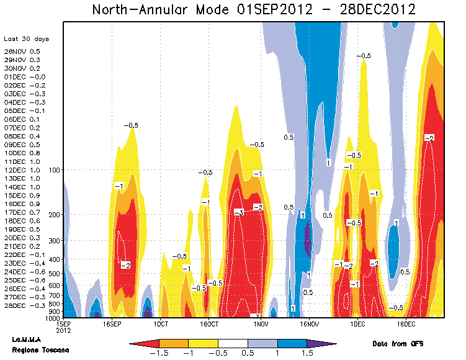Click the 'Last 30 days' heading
[26, 39]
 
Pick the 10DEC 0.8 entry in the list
[22, 153]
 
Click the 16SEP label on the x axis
[112, 324]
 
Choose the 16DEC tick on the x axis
[406, 324]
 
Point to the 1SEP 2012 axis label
[63, 327]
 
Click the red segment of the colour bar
[146, 343]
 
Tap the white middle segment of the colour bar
[233, 343]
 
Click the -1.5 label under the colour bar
[159, 353]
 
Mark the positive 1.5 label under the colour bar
[307, 353]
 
